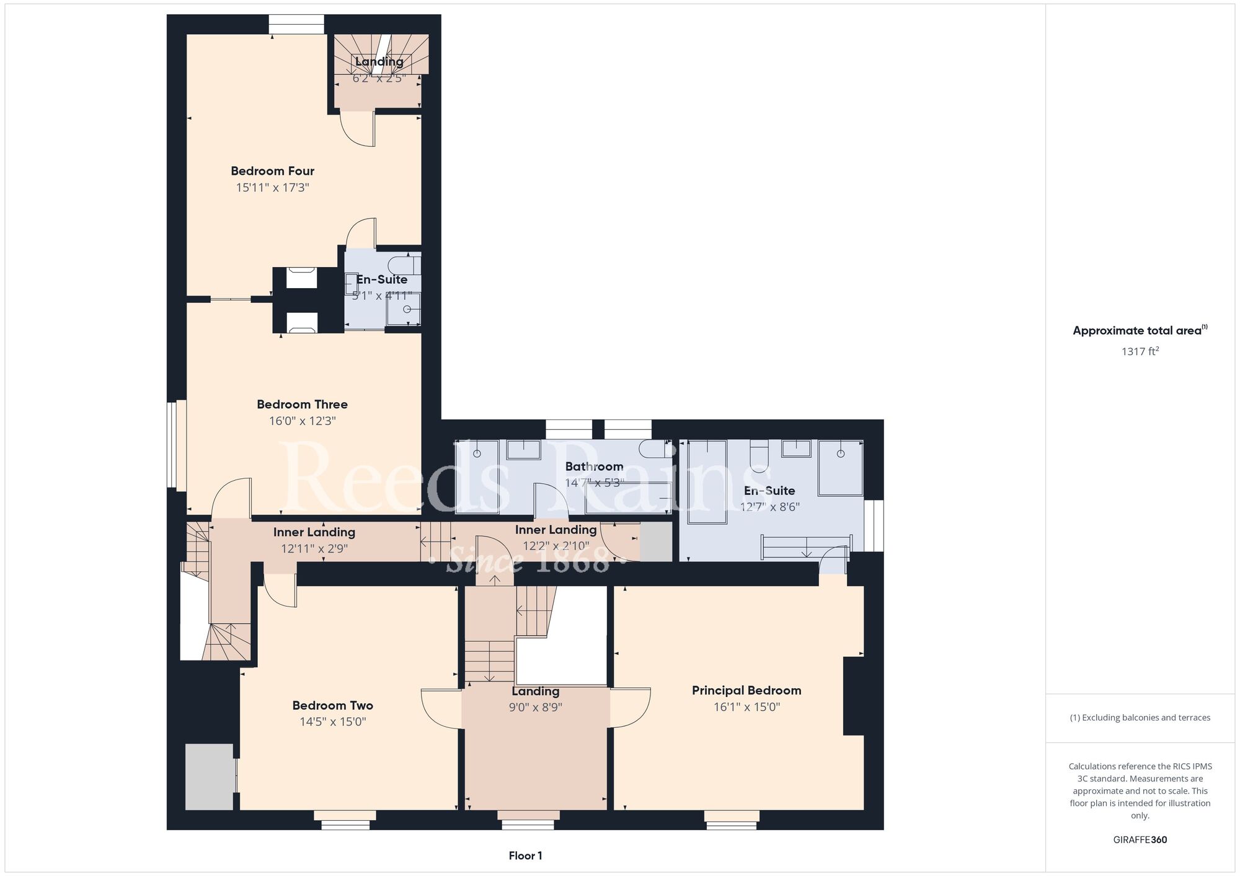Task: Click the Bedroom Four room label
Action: (x=273, y=171)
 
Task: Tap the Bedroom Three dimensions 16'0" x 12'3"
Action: (x=303, y=421)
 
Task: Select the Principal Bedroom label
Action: (x=746, y=690)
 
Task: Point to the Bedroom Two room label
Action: (x=333, y=706)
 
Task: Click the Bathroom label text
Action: (x=594, y=466)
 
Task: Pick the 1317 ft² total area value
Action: (x=1140, y=351)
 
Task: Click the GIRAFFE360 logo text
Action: (x=1140, y=840)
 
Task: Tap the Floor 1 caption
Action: (x=526, y=856)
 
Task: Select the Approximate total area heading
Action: (x=1140, y=330)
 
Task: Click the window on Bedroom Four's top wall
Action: (x=296, y=24)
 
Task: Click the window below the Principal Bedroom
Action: (x=732, y=820)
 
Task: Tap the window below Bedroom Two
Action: (x=345, y=820)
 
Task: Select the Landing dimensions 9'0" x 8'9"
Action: (x=536, y=707)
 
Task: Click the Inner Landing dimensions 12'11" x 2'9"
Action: (x=314, y=549)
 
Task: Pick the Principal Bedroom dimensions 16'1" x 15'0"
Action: (x=746, y=707)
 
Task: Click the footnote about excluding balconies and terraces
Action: (x=1140, y=717)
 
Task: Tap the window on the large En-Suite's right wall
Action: (x=874, y=525)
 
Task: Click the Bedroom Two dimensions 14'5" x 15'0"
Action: (x=333, y=722)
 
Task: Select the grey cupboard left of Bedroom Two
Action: (x=210, y=777)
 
